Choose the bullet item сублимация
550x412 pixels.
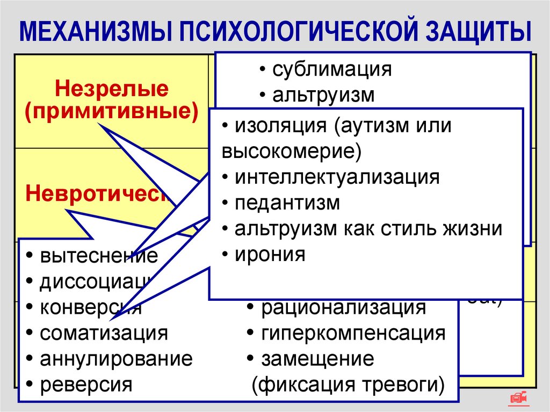tap(332, 70)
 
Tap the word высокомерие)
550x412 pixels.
tap(291, 151)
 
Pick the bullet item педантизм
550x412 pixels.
tap(287, 203)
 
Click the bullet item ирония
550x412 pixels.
tap(270, 254)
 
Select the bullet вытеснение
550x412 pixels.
tap(99, 256)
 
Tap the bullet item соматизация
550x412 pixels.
tap(104, 334)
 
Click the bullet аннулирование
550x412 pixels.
tap(115, 359)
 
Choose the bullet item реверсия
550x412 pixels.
tap(86, 385)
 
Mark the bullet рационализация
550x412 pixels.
tap(343, 308)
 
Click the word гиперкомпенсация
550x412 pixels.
tap(353, 333)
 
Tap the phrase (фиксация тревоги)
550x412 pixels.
tap(348, 385)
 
